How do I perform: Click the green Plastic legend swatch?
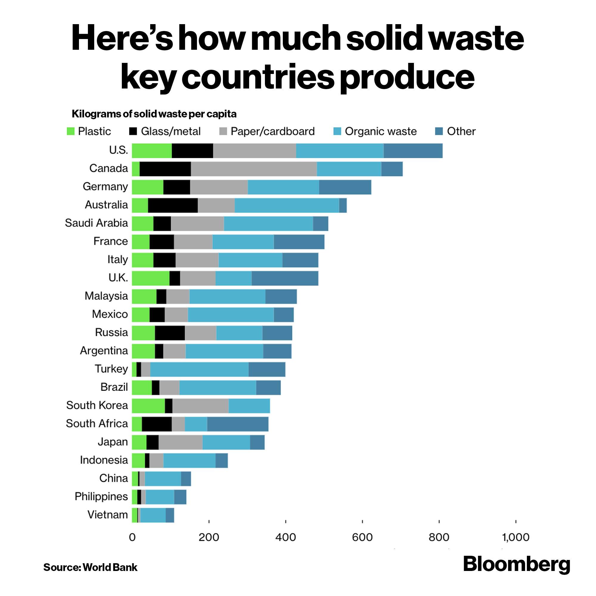coord(71,131)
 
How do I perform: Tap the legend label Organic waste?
coord(381,131)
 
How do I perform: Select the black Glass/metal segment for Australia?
coord(173,205)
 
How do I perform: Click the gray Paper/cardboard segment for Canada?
coord(254,169)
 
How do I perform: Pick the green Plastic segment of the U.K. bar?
coord(150,278)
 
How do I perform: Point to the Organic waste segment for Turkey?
coord(199,370)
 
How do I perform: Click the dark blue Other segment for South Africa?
coord(238,424)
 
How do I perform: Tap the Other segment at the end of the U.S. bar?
coord(413,151)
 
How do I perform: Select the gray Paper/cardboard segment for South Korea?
coord(201,406)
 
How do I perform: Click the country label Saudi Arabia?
coord(96,223)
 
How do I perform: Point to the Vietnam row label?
coord(108,515)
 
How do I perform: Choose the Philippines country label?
coord(101,496)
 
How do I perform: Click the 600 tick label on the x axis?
coord(362,537)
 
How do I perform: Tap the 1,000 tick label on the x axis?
coord(516,537)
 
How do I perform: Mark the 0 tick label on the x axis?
coord(132,537)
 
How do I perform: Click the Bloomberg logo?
coord(516,564)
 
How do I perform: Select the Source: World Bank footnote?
coord(90,567)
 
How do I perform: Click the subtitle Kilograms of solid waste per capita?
coord(154,114)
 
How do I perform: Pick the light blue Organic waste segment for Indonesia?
coord(190,461)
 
